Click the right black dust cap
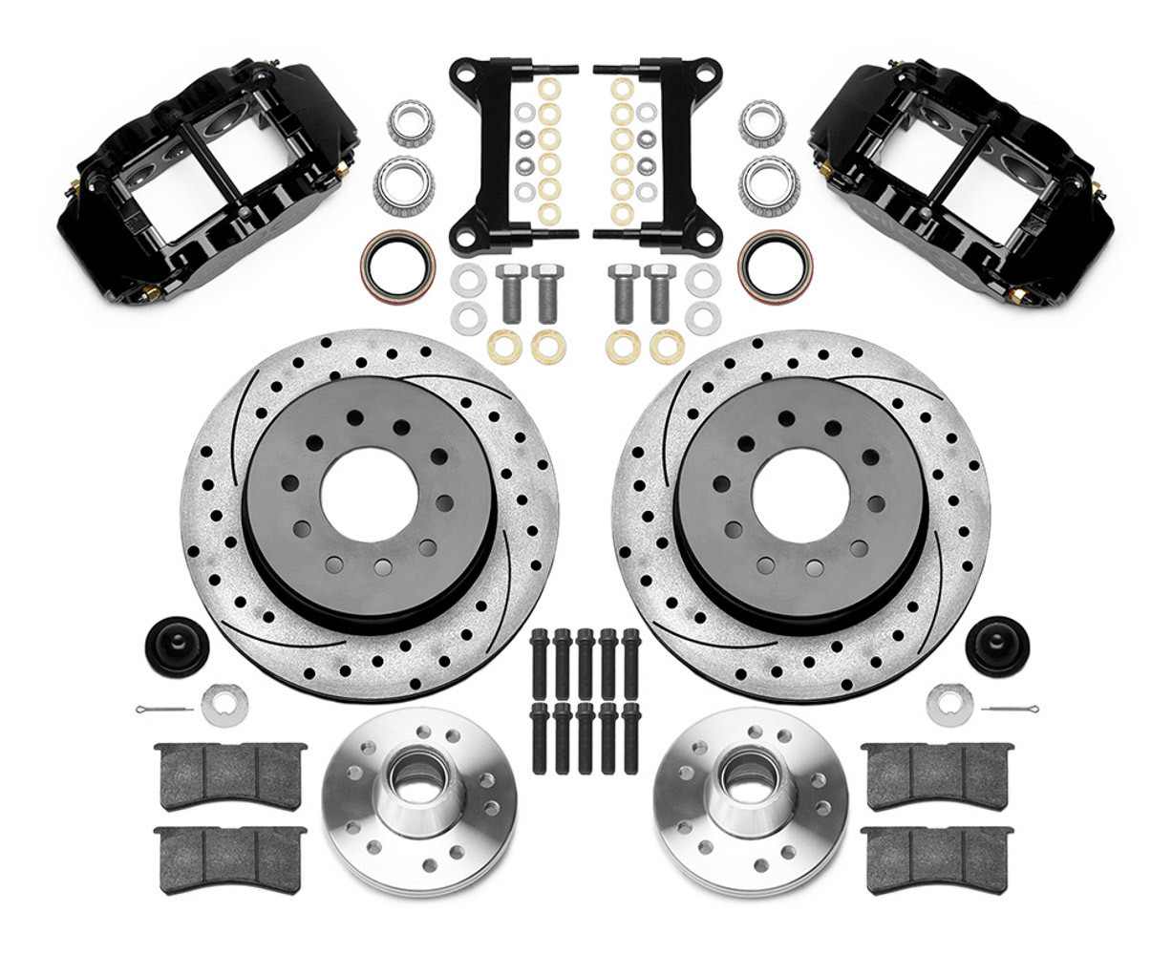point(997,646)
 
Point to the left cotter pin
point(163,711)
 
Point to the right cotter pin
point(1010,711)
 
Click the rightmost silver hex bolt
point(658,291)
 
